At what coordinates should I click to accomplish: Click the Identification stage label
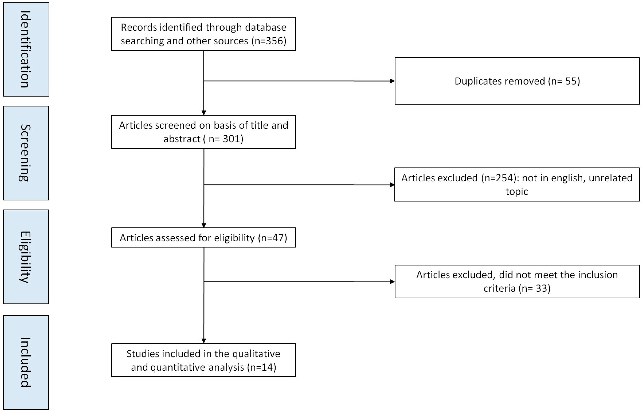[26, 49]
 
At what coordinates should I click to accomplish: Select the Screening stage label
[26, 153]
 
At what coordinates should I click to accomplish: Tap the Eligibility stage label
[26, 257]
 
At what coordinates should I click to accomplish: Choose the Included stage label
[26, 362]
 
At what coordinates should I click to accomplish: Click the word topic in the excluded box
[517, 192]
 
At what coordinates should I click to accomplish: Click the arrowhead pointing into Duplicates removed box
[393, 81]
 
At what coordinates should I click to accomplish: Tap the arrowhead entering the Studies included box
[204, 341]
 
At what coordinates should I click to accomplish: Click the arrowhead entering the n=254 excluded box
[393, 185]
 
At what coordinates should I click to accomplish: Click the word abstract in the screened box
[182, 139]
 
